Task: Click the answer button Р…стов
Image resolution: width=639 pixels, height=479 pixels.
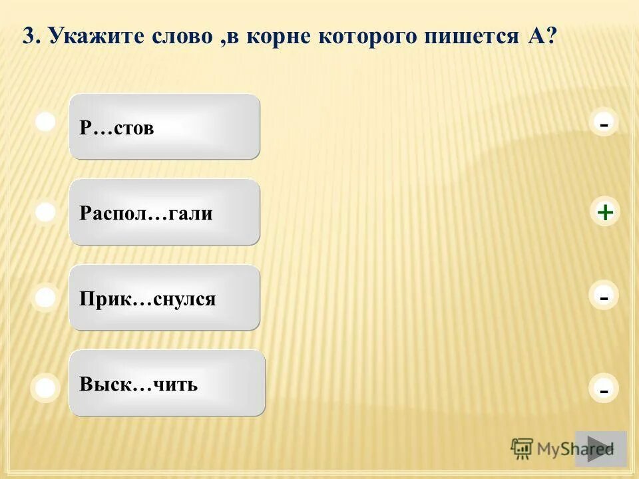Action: (x=164, y=126)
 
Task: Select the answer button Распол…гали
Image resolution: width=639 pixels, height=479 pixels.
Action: (x=164, y=212)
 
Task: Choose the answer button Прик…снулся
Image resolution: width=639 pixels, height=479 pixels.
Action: (x=164, y=297)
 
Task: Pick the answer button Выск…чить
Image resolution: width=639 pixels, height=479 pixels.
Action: (x=166, y=383)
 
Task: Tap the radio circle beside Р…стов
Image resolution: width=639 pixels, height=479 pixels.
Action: (x=45, y=122)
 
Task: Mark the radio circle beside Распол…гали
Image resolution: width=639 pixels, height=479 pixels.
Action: (x=45, y=212)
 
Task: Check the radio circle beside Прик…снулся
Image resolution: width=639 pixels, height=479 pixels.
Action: (x=45, y=297)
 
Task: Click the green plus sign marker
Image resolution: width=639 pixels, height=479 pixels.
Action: (x=604, y=212)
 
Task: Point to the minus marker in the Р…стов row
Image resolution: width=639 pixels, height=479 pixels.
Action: (x=604, y=124)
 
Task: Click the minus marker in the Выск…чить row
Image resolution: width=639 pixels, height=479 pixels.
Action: (x=604, y=391)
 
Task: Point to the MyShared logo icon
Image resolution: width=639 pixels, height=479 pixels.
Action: (x=523, y=449)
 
